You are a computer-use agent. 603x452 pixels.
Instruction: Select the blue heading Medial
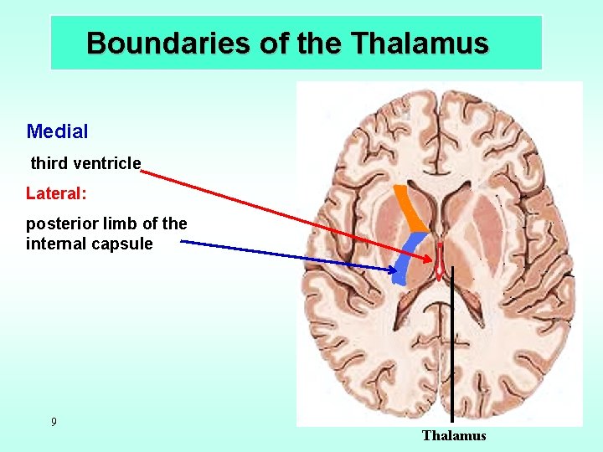[57, 131]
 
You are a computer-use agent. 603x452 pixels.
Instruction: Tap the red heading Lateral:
[56, 193]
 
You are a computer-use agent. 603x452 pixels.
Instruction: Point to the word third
[48, 163]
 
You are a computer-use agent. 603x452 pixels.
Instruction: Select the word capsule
[125, 244]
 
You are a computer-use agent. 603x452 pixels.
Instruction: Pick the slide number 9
[54, 422]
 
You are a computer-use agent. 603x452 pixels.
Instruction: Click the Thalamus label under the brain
[454, 435]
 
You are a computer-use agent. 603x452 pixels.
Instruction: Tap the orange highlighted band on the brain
[411, 210]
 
